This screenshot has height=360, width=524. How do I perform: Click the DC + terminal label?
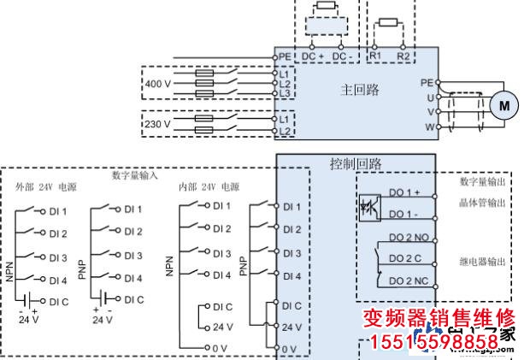point(315,56)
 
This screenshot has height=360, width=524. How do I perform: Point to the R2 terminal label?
point(403,56)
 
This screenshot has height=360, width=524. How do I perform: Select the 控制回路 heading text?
point(356,162)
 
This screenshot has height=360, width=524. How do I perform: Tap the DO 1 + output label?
point(404,192)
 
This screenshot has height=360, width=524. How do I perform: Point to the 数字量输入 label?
point(135,174)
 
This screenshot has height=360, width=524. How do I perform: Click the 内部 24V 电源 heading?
point(209,186)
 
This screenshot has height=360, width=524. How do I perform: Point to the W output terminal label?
point(431,127)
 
